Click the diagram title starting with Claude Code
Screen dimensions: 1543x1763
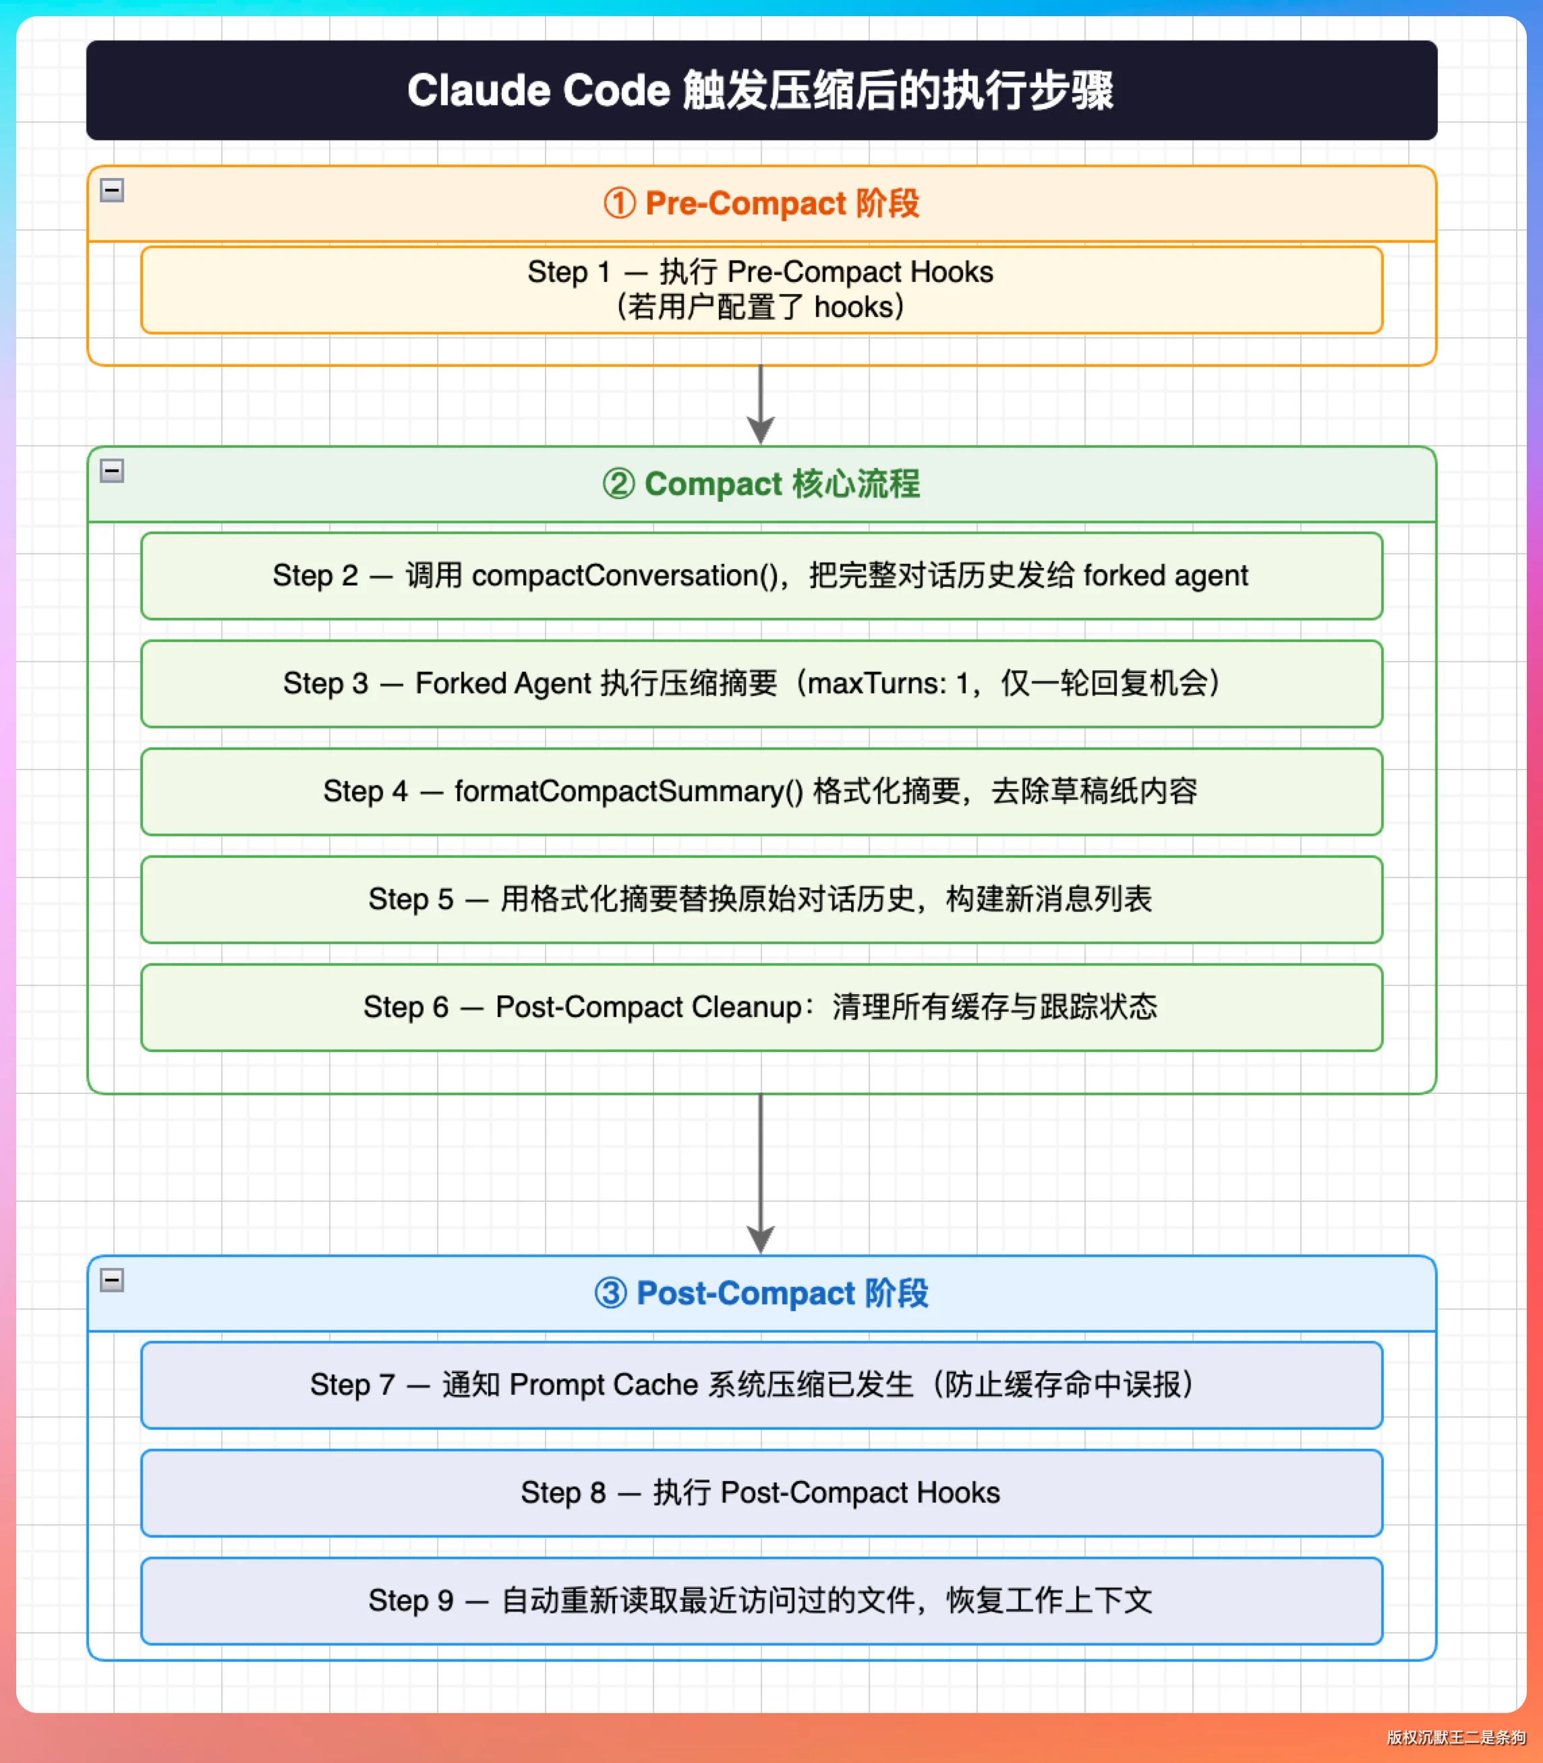760,90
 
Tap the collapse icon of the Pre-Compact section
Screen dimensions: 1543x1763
112,190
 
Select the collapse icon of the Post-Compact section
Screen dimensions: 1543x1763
112,1280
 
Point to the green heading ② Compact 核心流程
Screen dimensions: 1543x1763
761,484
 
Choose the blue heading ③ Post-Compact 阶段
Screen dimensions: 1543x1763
761,1293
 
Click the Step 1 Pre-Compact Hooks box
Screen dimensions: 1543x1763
761,290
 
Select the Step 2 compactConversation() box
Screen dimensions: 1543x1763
761,576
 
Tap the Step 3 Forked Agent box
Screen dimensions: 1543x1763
761,684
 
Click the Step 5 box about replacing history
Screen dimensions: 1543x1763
761,899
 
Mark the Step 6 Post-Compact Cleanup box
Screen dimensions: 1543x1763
761,1008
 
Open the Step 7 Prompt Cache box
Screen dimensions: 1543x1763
761,1385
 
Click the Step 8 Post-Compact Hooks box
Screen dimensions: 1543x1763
761,1493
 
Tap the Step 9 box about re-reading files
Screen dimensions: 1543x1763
761,1601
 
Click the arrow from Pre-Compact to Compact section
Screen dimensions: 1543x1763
760,405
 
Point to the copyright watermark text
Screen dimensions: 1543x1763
1455,1737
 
